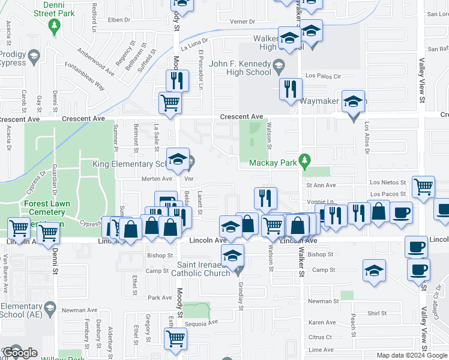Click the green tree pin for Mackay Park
306,160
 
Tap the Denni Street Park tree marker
55,26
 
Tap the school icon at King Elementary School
178,160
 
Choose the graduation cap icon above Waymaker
354,101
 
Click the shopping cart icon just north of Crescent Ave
170,102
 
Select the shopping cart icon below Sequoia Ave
175,338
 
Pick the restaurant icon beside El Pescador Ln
177,79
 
